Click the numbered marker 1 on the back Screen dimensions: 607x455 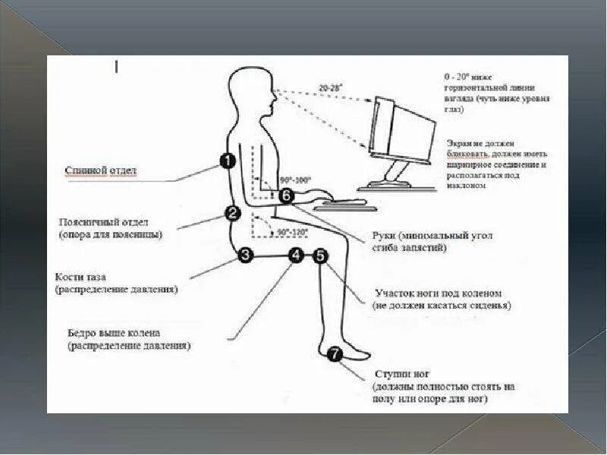point(226,160)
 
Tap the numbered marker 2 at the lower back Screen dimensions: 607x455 point(233,214)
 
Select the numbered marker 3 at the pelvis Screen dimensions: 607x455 point(245,256)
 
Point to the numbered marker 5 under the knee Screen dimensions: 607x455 point(320,256)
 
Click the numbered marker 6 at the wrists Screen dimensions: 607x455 point(285,196)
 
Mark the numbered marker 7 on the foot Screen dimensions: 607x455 point(334,353)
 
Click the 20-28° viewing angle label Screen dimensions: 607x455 point(330,89)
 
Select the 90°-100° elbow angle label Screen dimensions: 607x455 point(294,180)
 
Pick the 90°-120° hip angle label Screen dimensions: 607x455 point(292,232)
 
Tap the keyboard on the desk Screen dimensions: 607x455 point(341,202)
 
